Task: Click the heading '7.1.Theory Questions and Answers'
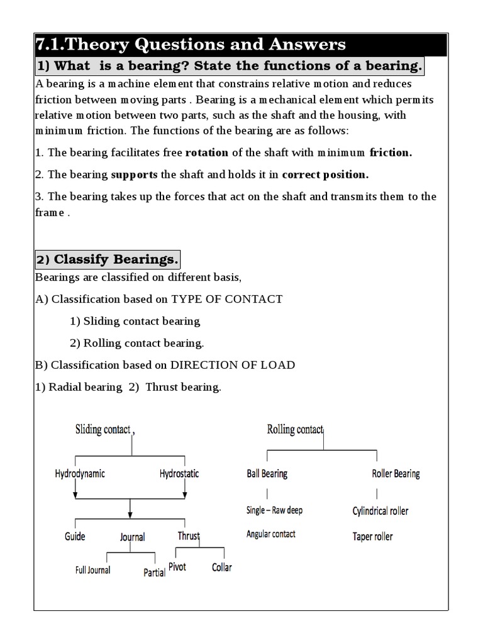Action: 191,45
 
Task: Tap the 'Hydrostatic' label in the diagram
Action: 179,474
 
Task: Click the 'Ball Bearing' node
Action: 267,473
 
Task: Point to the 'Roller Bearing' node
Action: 396,473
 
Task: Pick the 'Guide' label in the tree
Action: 75,536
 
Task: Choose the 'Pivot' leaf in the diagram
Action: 177,567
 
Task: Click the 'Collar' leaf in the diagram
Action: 221,567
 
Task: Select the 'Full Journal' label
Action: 92,570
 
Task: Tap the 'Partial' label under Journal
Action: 155,573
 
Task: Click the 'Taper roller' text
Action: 373,536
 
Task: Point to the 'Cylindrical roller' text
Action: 380,511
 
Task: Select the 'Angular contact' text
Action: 271,534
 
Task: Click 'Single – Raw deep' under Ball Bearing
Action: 274,510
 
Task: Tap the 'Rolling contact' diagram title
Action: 295,430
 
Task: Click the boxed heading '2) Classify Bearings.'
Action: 108,259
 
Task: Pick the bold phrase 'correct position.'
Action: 325,175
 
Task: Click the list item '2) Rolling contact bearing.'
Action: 136,343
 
